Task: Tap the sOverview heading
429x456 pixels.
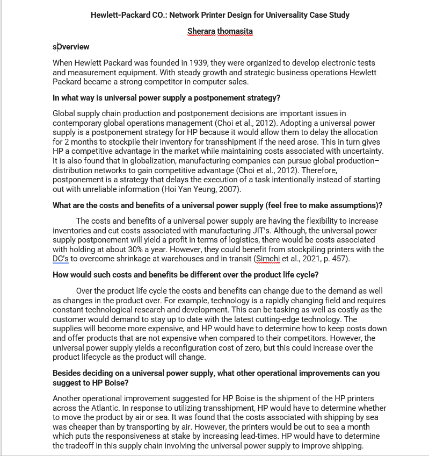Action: [x=71, y=47]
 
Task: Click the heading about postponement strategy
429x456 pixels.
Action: [x=166, y=98]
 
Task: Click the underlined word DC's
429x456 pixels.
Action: [x=61, y=259]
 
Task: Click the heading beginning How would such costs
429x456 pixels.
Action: [x=185, y=275]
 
